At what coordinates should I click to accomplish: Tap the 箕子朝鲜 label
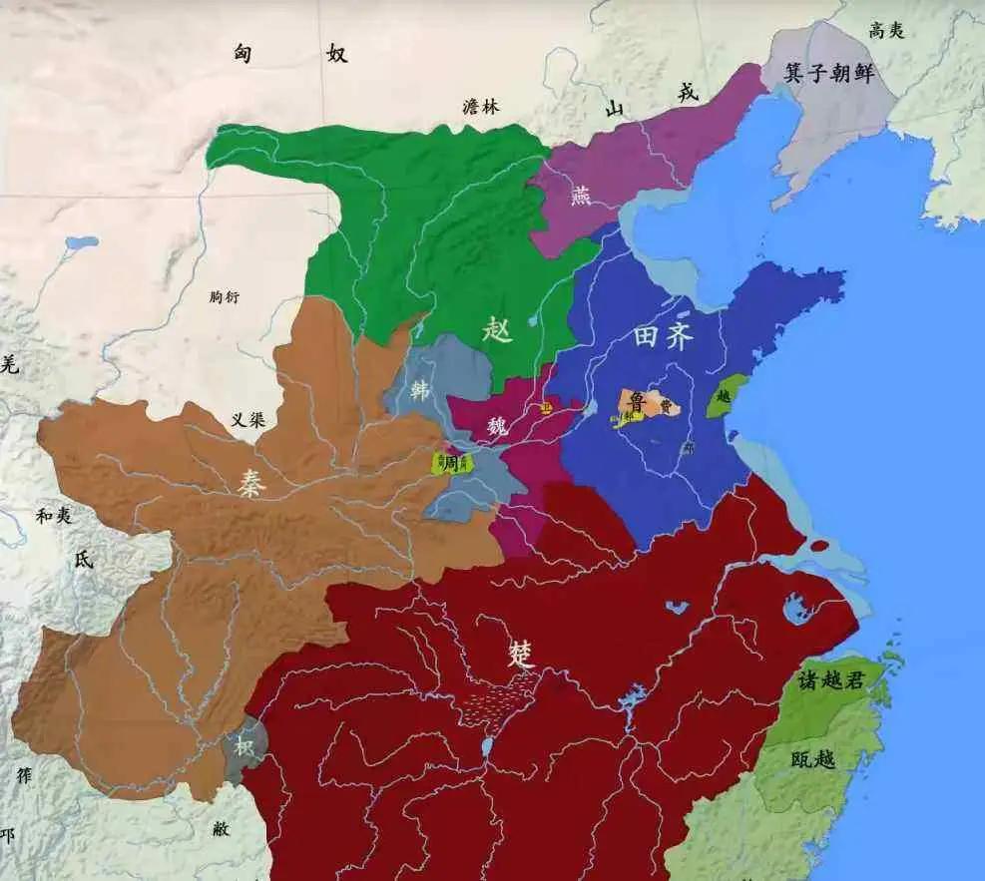[829, 73]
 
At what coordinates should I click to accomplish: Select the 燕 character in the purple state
[580, 195]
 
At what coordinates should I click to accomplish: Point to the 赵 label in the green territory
[497, 330]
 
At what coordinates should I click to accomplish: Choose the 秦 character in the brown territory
[250, 482]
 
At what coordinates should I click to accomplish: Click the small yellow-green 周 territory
[451, 463]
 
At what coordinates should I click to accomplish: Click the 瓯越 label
[812, 760]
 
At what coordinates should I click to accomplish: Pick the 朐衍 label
[226, 296]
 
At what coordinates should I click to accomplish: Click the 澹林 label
[481, 108]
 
